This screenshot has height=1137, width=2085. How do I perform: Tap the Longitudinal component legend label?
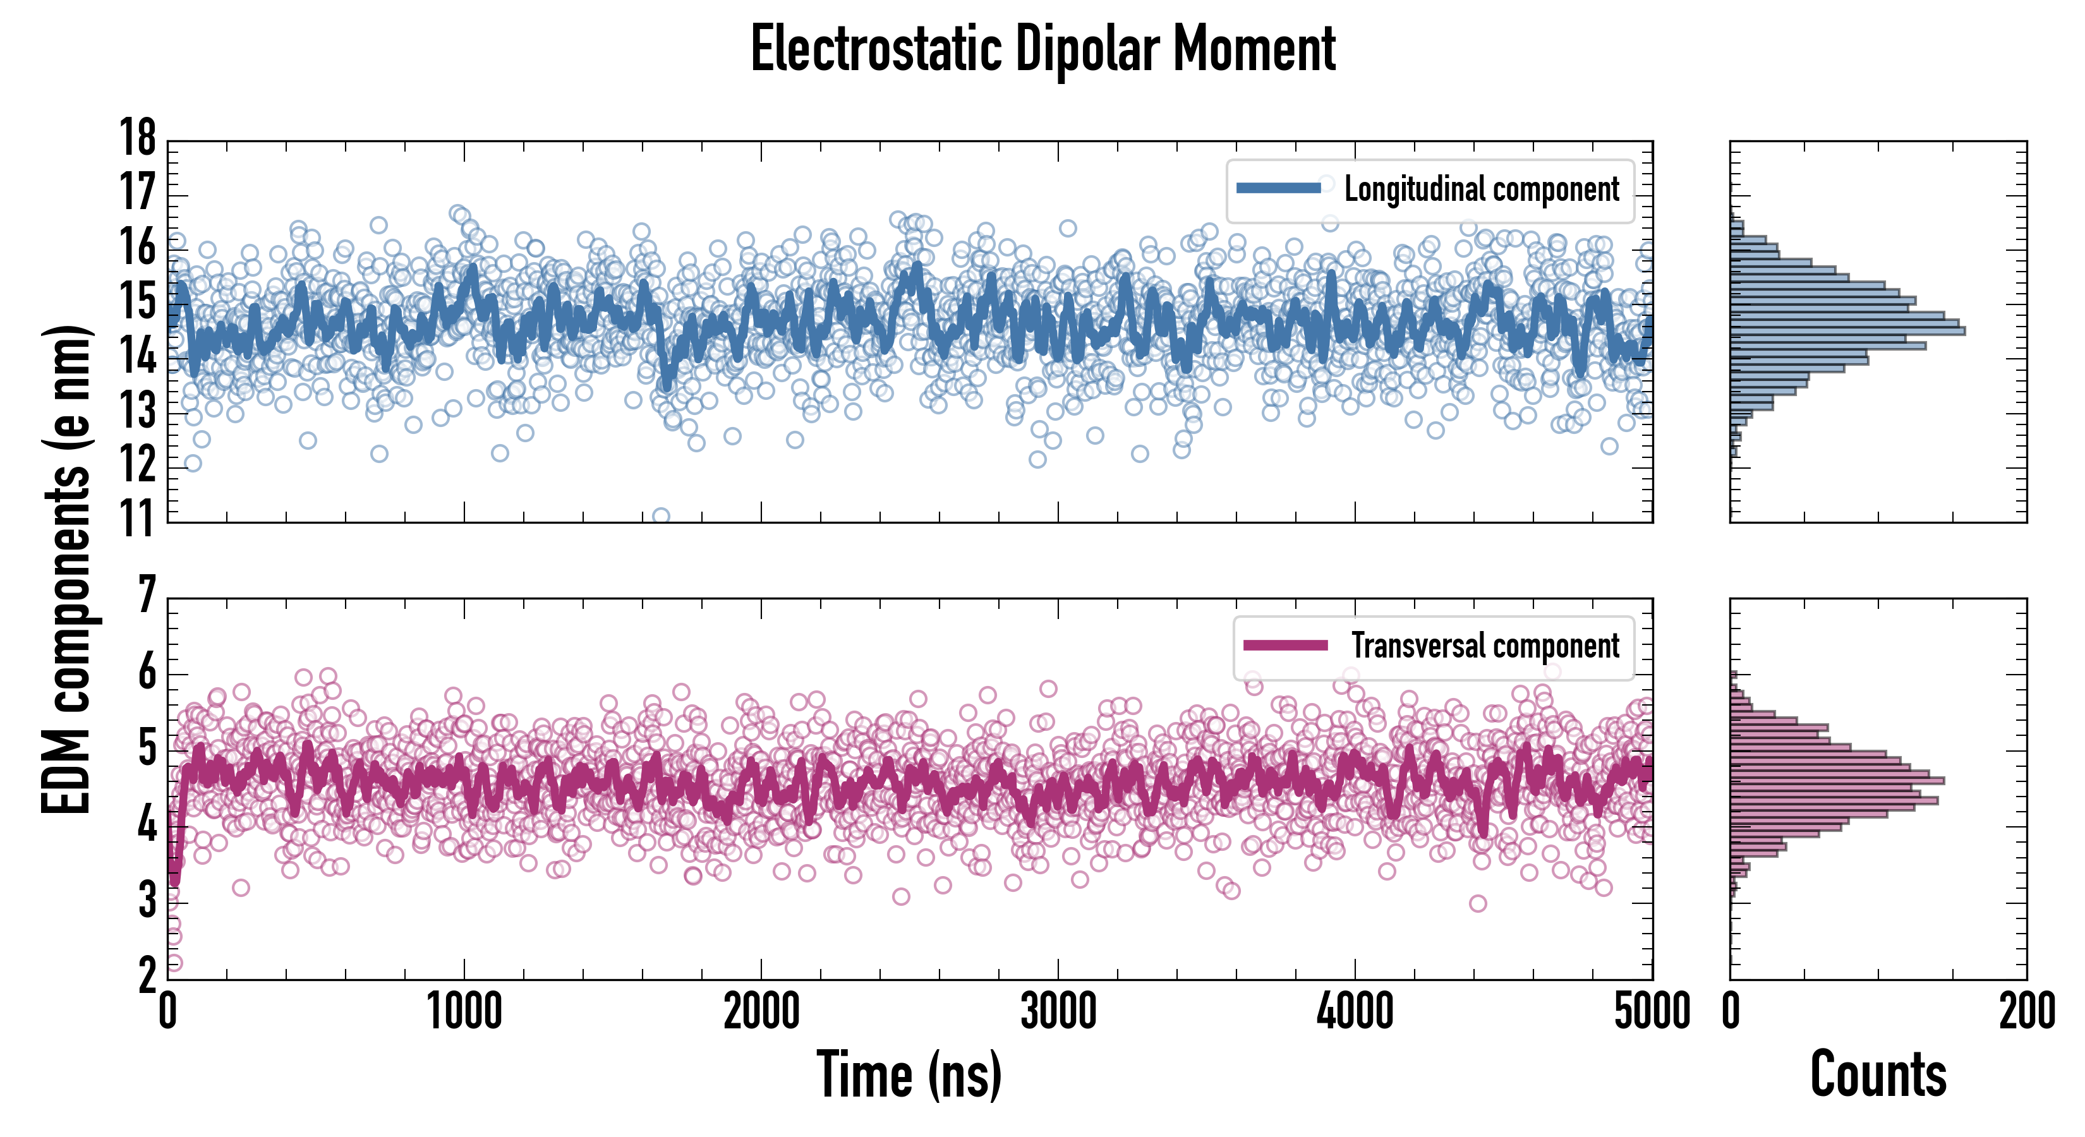(x=1481, y=189)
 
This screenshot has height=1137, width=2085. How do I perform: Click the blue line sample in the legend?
(x=1279, y=189)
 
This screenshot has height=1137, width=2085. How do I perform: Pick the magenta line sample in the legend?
(x=1285, y=646)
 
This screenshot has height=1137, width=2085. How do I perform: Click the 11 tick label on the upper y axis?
(x=138, y=520)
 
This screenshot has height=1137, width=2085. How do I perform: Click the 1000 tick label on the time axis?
(x=464, y=1011)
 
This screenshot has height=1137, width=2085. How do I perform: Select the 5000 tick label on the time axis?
(x=1651, y=1011)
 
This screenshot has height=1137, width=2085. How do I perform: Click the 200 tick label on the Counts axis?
(x=2027, y=1011)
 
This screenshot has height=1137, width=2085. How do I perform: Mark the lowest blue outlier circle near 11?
(x=660, y=516)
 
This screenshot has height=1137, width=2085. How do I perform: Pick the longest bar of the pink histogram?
(x=1837, y=781)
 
